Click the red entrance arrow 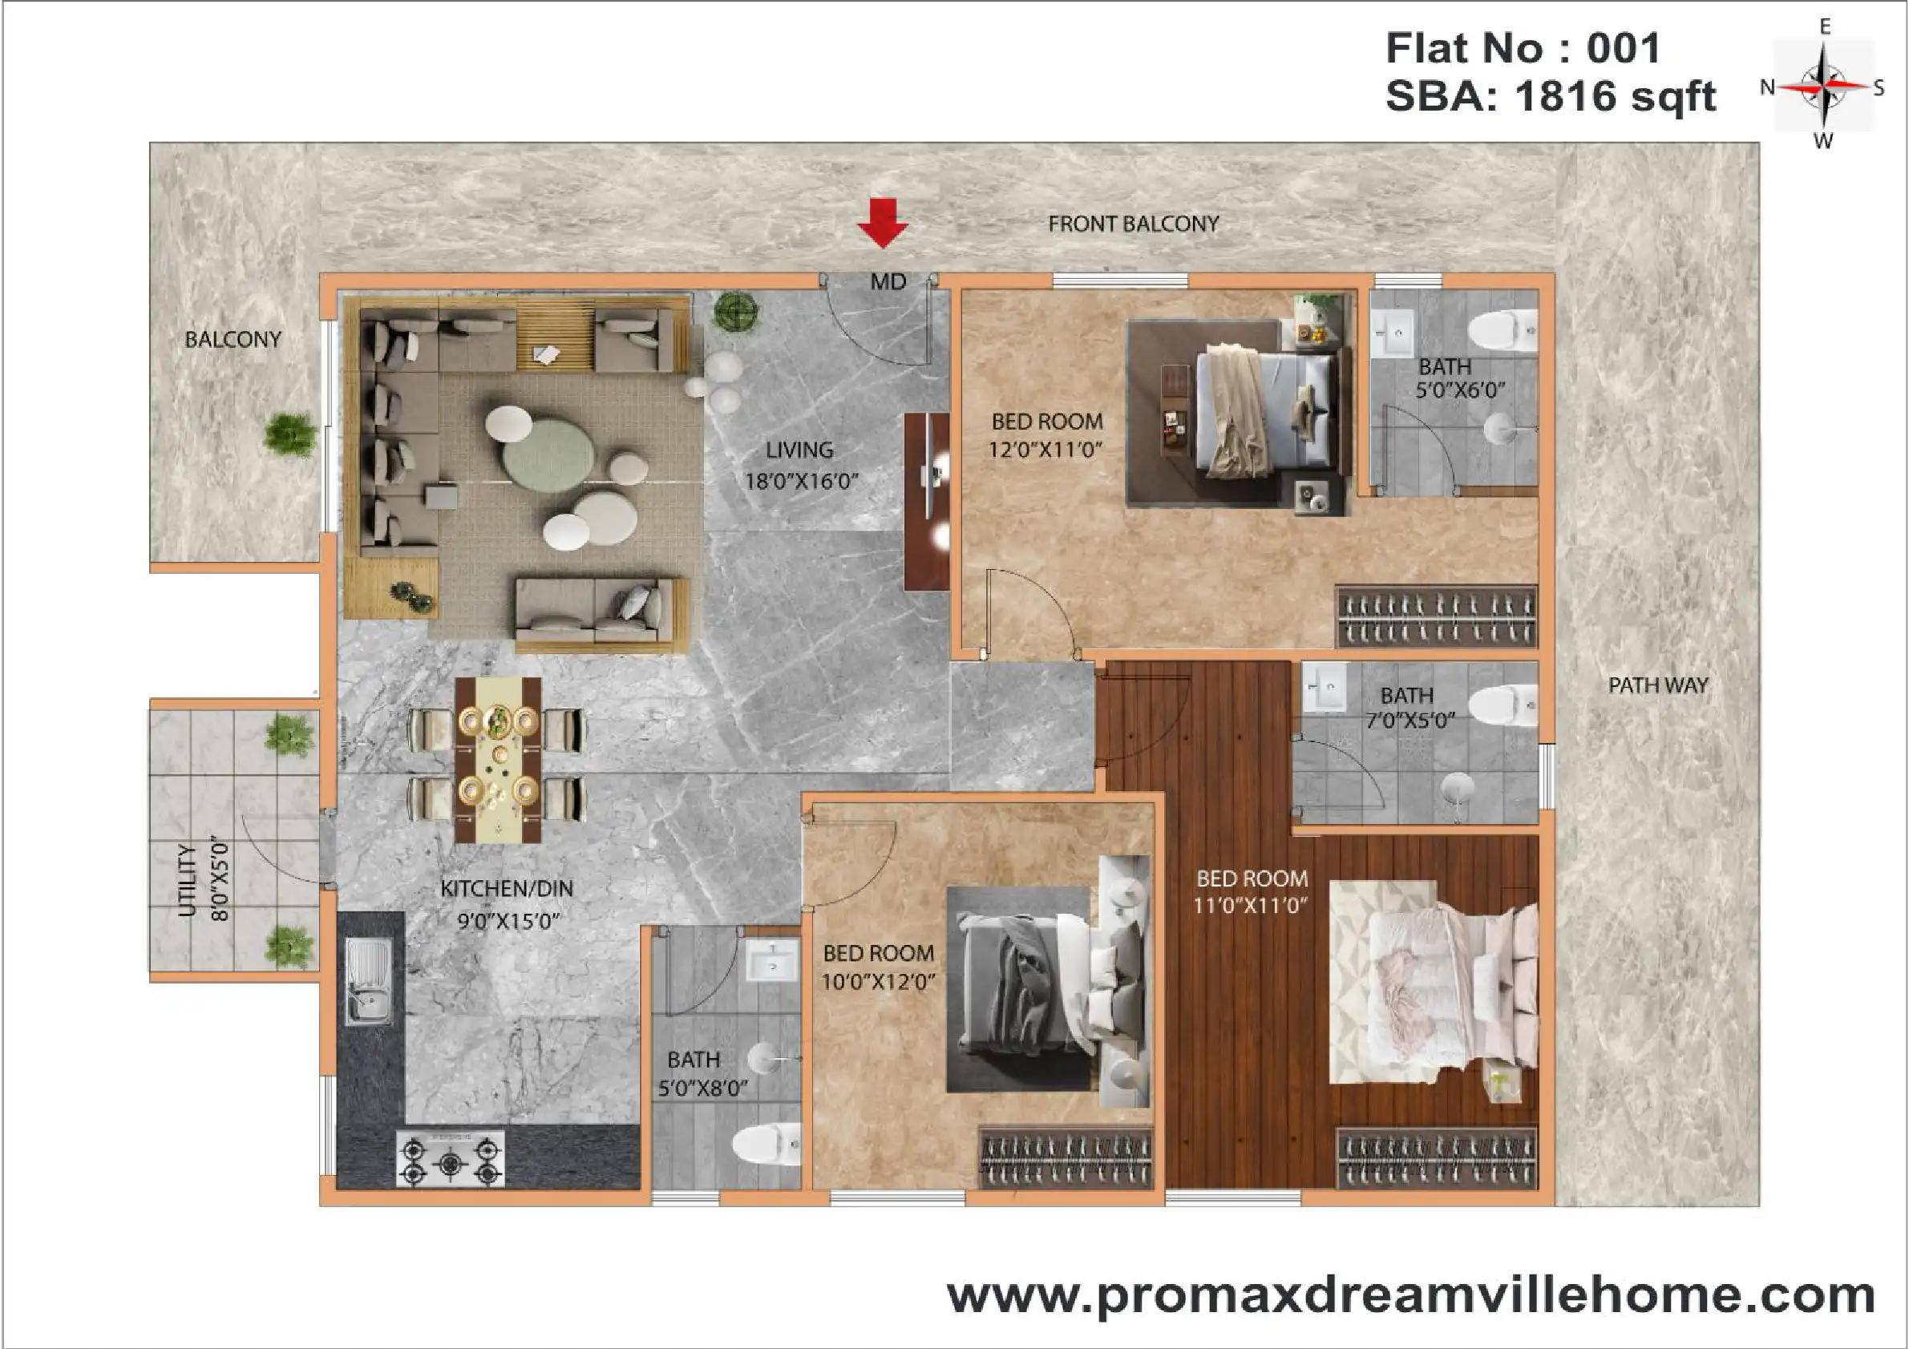point(882,223)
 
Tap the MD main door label point(888,283)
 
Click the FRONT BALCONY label point(1133,224)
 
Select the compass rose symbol point(1823,86)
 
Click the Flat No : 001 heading point(1523,47)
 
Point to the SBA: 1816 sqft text point(1551,96)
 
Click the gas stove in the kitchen point(451,1157)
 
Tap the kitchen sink point(369,981)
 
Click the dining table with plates point(498,760)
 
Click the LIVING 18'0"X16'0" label point(801,466)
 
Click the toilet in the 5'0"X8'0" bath point(766,1145)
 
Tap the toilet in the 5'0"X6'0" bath point(1503,330)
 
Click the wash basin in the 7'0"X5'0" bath point(1324,687)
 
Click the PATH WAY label point(1658,685)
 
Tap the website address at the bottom point(1411,1295)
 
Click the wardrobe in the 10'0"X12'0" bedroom point(1066,1157)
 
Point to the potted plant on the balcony point(290,434)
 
